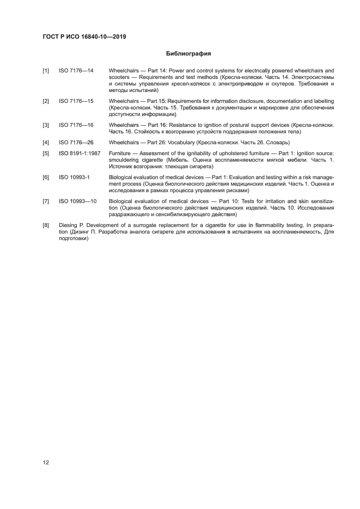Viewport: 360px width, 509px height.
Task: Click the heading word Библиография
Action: pos(188,54)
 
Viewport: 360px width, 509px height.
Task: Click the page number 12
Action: pos(46,463)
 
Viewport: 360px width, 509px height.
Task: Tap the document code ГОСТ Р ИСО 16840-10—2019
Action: pos(88,37)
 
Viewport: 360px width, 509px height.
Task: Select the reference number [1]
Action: pos(46,71)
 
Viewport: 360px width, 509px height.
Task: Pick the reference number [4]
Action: pos(46,142)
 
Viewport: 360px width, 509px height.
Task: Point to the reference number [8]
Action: pos(46,224)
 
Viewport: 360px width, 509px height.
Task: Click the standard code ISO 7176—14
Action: pos(76,71)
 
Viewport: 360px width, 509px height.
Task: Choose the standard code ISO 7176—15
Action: pos(76,101)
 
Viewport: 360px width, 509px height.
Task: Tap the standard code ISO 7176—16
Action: pos(76,125)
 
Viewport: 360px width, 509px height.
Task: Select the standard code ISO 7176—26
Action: pos(76,142)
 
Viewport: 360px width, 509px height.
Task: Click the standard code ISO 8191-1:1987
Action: pos(80,154)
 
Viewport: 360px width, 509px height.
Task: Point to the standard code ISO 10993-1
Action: pos(74,177)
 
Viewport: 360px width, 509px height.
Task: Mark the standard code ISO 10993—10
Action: pos(78,201)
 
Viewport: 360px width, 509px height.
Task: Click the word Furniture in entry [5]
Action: pos(120,154)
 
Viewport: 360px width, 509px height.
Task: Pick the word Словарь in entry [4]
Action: pos(277,142)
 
